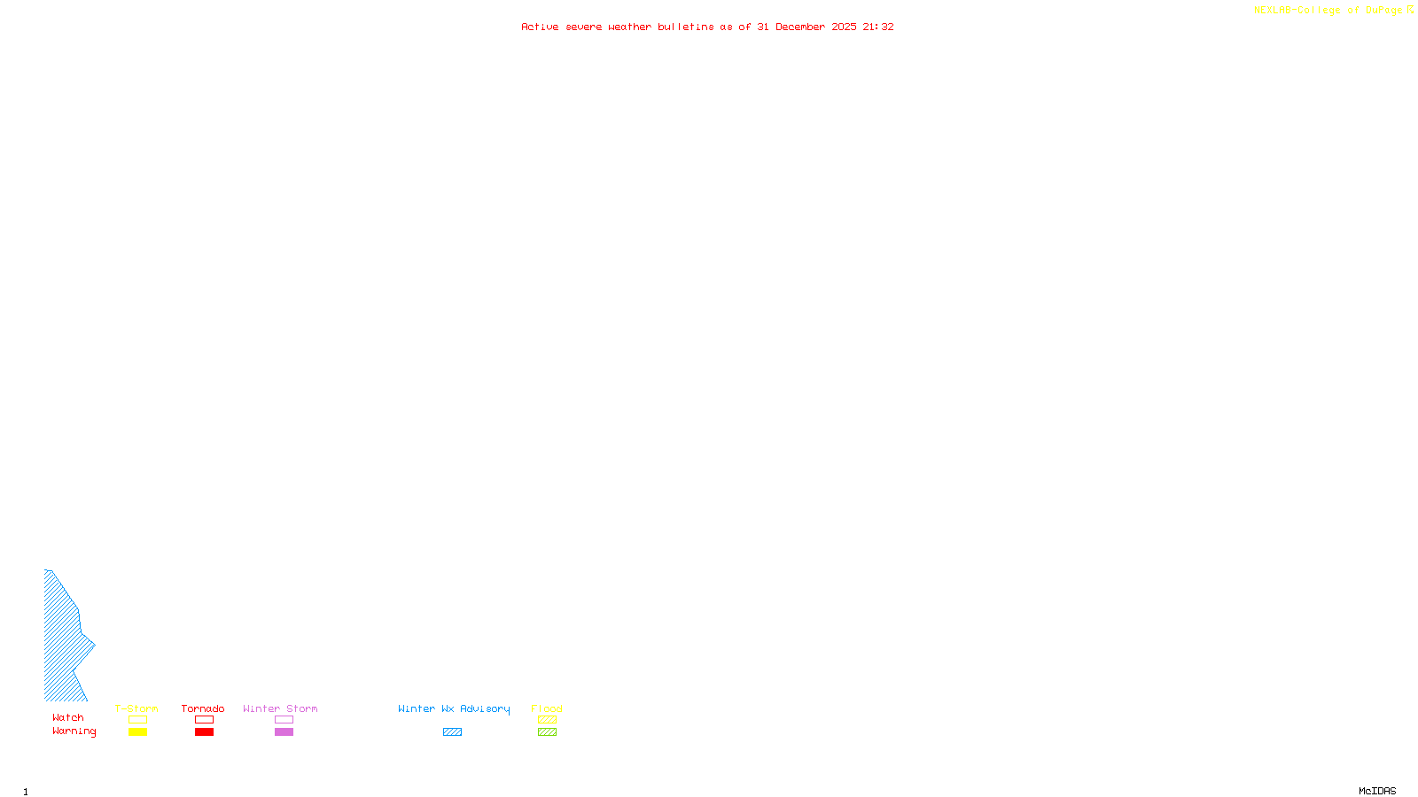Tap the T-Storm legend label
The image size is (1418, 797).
click(x=136, y=708)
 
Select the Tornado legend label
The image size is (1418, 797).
click(x=203, y=708)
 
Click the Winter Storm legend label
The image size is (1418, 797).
click(x=280, y=708)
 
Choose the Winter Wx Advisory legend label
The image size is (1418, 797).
click(x=454, y=708)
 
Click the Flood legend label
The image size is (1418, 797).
click(x=547, y=708)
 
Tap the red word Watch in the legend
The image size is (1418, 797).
click(x=68, y=717)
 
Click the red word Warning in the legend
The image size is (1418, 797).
click(x=74, y=731)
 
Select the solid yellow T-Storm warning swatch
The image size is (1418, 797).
click(x=137, y=732)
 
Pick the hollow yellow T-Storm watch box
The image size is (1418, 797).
click(x=137, y=720)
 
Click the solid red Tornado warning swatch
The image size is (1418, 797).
click(x=204, y=732)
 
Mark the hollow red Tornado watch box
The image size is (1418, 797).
click(x=204, y=720)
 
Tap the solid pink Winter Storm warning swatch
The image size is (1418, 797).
click(x=284, y=732)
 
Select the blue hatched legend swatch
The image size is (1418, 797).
click(x=452, y=732)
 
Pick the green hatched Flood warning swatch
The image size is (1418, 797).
click(x=547, y=732)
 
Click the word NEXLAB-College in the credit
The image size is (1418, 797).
click(x=1297, y=11)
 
